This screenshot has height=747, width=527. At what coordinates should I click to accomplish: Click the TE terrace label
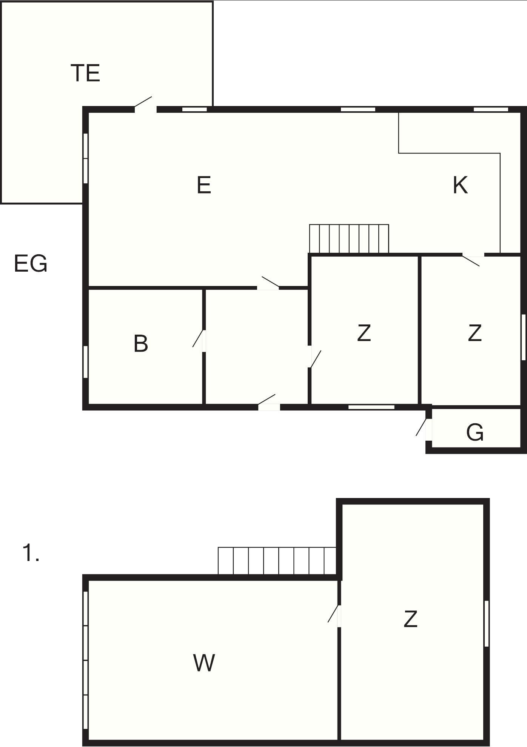85,73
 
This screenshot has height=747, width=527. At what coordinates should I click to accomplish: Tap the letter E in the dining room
204,185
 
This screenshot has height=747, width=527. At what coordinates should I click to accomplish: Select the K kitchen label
460,185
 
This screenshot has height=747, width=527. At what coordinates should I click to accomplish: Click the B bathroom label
141,343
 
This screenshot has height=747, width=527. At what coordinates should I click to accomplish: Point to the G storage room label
475,432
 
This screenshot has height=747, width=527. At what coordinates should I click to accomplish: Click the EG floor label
31,263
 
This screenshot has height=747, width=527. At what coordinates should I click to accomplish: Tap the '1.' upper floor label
31,553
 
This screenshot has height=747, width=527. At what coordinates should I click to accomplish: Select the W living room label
204,663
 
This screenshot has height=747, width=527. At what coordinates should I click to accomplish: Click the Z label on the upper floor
411,619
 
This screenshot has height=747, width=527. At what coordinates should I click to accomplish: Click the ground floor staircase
349,239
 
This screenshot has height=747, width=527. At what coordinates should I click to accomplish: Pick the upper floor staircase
277,561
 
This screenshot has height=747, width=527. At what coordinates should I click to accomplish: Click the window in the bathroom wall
86,362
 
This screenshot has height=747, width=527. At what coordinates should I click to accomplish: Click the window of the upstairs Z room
487,624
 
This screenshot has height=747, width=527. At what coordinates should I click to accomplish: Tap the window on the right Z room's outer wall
524,337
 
